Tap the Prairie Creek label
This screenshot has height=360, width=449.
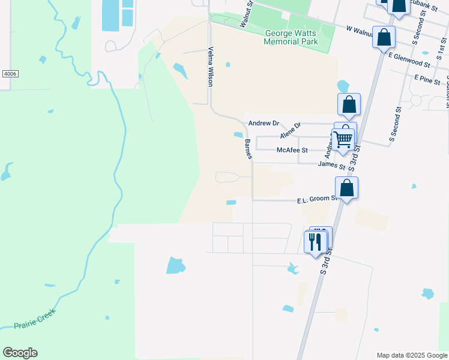click(35, 319)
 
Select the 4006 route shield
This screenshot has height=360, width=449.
click(10, 73)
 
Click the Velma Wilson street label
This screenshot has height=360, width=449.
click(211, 67)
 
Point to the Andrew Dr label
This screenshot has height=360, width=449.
click(264, 123)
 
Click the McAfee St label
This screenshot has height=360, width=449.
click(292, 150)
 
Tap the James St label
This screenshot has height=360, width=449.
click(331, 164)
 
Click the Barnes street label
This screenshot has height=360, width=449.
click(248, 149)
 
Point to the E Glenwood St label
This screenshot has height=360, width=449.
click(409, 59)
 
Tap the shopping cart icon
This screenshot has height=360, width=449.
click(343, 139)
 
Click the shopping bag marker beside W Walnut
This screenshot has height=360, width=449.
click(384, 38)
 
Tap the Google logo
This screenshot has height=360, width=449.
click(20, 353)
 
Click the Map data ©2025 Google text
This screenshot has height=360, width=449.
click(412, 355)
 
